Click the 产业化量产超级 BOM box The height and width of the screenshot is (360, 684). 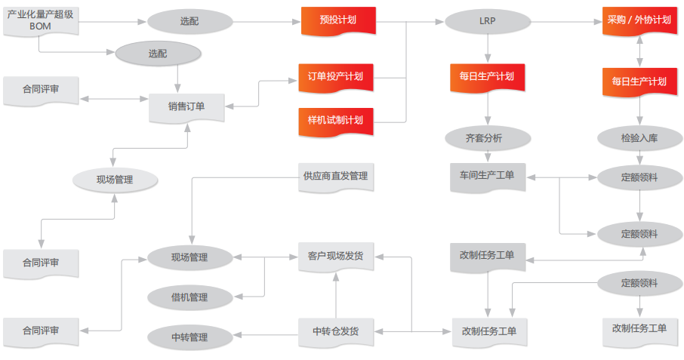pos(40,20)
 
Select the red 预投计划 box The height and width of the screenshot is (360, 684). pos(337,20)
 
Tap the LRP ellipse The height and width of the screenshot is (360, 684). pos(487,20)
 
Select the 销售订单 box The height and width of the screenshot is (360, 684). pos(186,106)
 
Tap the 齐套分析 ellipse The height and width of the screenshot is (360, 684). pos(487,138)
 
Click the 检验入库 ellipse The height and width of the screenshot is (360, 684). pos(639,138)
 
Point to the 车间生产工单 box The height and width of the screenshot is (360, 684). pos(487,176)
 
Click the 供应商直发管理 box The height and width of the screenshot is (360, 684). pos(335,177)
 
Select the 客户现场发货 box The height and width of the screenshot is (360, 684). pos(335,257)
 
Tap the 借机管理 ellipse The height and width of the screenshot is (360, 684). pos(189,297)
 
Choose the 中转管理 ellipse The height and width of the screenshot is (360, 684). pos(189,337)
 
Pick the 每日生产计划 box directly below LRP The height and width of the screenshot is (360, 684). pos(487,77)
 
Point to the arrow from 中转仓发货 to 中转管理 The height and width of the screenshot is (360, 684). pos(263,332)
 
